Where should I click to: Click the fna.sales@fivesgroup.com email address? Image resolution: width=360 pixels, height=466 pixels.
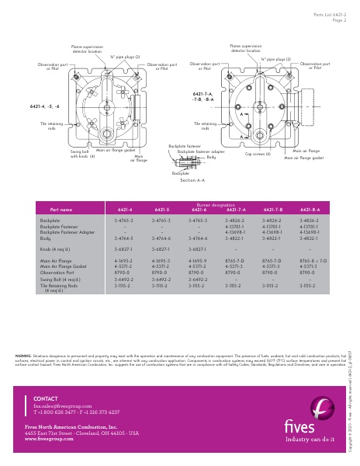pos(58,405)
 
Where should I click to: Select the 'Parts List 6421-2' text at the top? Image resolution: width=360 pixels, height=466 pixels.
pos(329,13)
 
